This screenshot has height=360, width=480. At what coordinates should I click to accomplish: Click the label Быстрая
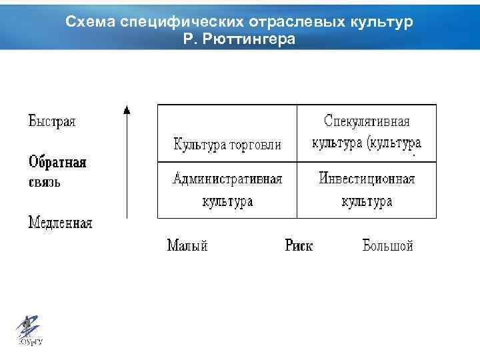click(52, 122)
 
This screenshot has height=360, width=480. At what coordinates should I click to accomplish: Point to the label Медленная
click(60, 223)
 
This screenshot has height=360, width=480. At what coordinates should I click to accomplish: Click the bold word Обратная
click(57, 163)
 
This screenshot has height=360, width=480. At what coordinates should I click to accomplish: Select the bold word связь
click(44, 182)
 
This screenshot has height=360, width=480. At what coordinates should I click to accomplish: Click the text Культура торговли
click(227, 145)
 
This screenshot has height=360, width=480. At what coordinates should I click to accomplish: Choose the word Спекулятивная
click(367, 122)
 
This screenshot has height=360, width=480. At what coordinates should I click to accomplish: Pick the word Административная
click(227, 179)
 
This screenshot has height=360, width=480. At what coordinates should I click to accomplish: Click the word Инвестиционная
click(367, 179)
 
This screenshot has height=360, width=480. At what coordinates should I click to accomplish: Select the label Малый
click(187, 246)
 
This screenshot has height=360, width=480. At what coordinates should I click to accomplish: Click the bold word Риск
click(299, 246)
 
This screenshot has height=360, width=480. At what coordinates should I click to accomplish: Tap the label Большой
click(388, 246)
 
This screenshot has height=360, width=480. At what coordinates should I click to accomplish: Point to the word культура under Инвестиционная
click(367, 201)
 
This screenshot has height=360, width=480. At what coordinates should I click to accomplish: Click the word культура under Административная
click(227, 201)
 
